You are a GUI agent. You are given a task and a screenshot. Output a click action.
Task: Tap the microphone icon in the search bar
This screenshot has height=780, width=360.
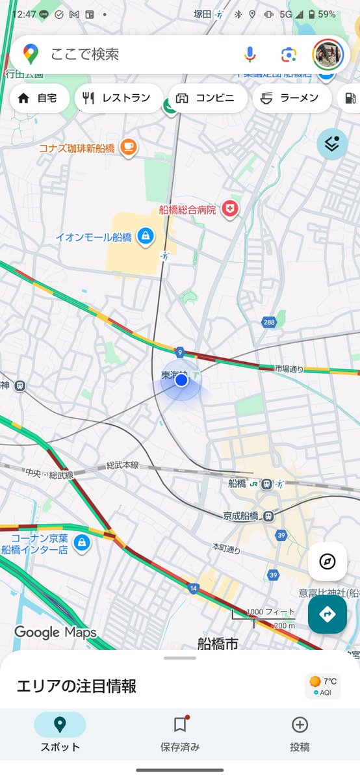[x=250, y=55]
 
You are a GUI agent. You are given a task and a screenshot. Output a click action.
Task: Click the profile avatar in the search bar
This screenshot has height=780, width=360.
[x=328, y=55]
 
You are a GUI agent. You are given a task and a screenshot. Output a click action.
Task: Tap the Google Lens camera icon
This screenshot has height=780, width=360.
[x=289, y=55]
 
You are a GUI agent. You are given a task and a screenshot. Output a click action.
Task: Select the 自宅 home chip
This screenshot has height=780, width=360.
[x=39, y=98]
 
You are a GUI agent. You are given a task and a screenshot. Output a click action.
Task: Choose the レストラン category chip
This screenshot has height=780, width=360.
[x=118, y=98]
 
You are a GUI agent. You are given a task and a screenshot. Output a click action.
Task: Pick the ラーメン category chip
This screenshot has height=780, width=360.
[x=290, y=98]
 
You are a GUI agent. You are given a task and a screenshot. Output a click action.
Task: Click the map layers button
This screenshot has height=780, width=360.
[x=332, y=144]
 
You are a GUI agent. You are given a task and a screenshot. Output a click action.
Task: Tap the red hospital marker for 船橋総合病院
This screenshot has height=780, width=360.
[x=229, y=209]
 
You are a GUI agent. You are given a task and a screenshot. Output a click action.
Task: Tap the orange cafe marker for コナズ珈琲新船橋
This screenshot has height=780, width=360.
[x=129, y=148]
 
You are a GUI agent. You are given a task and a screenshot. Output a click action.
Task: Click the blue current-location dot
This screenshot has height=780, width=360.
[x=181, y=380]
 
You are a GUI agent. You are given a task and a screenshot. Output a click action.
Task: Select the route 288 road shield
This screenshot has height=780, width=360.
[x=269, y=322]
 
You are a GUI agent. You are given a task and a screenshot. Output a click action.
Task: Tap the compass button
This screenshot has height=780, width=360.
[x=328, y=562]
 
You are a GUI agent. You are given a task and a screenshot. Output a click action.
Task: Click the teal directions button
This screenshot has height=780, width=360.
[x=328, y=614]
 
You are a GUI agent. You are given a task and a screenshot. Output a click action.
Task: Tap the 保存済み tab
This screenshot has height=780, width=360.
[x=180, y=733]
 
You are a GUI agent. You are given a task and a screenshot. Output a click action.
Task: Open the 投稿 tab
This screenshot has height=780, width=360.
[x=300, y=733]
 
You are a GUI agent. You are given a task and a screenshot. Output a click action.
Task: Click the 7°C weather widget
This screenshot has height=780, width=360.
[x=323, y=686]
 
